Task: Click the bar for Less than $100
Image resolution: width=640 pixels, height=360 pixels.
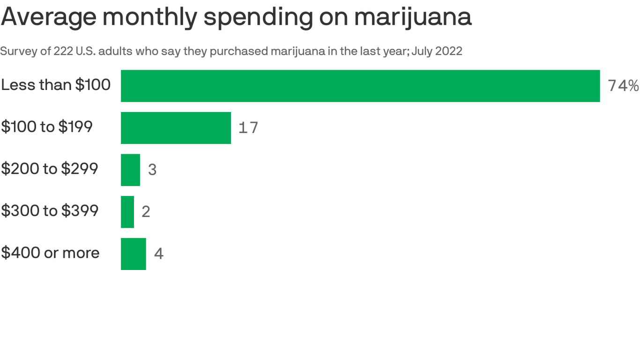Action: pyautogui.click(x=360, y=86)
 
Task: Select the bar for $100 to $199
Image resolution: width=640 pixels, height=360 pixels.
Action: pyautogui.click(x=176, y=128)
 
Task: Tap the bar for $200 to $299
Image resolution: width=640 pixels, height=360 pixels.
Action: pyautogui.click(x=130, y=170)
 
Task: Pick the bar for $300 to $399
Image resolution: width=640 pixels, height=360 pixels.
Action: pyautogui.click(x=127, y=212)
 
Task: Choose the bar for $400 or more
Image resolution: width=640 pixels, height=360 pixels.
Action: pyautogui.click(x=134, y=254)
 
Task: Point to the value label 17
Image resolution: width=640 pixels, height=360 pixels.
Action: pyautogui.click(x=248, y=128)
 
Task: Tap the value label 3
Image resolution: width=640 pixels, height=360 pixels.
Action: pyautogui.click(x=152, y=170)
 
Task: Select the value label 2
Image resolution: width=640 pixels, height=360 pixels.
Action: pyautogui.click(x=146, y=212)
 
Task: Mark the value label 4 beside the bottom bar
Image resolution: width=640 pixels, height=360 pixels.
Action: pyautogui.click(x=159, y=254)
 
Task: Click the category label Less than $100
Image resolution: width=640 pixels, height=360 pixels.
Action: pyautogui.click(x=56, y=85)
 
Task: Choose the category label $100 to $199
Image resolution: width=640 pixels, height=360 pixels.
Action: pyautogui.click(x=47, y=127)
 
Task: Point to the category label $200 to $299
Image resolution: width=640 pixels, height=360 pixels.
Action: pyautogui.click(x=49, y=169)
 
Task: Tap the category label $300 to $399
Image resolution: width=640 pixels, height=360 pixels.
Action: pyautogui.click(x=50, y=211)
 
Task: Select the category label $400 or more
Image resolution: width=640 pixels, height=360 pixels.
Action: pyautogui.click(x=50, y=253)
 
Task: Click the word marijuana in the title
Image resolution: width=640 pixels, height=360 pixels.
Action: pyautogui.click(x=413, y=17)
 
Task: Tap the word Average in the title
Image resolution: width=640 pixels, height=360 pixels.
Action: pyautogui.click(x=49, y=18)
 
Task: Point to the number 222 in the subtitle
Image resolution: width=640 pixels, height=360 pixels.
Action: pyautogui.click(x=63, y=52)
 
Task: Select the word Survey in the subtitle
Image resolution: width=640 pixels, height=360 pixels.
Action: pyautogui.click(x=18, y=52)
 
